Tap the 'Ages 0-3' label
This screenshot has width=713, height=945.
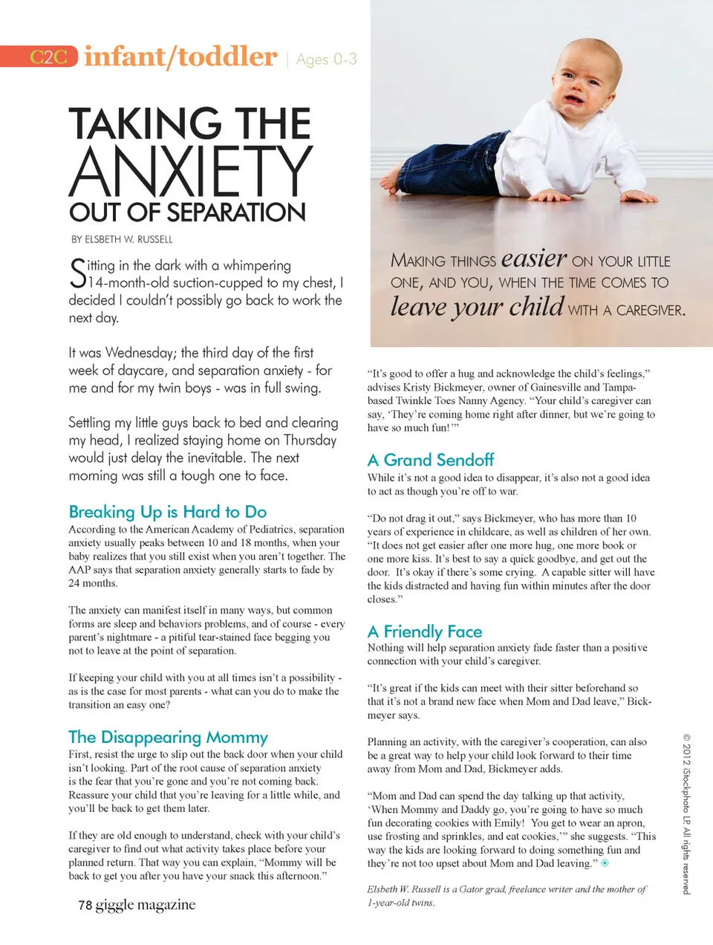coord(326,59)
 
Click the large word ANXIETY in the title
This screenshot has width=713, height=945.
coord(191,172)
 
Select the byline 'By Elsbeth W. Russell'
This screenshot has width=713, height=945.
coord(122,239)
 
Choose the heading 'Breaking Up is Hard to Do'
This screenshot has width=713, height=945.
coord(167,512)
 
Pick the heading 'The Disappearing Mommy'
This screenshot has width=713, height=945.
coord(168,737)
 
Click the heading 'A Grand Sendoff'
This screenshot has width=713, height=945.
coord(431,460)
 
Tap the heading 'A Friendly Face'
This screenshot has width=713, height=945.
coord(425,631)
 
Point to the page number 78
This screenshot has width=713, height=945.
coord(85,905)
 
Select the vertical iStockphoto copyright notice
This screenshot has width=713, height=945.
coord(686,814)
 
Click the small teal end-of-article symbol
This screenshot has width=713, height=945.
coord(605,863)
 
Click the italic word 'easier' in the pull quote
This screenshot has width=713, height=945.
coord(534,259)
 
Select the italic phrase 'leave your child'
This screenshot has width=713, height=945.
coord(477,307)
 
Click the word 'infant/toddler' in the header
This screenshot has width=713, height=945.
coord(180,57)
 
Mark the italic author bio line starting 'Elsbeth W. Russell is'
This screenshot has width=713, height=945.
coord(506,895)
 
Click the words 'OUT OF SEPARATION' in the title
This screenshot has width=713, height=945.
coord(187,212)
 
